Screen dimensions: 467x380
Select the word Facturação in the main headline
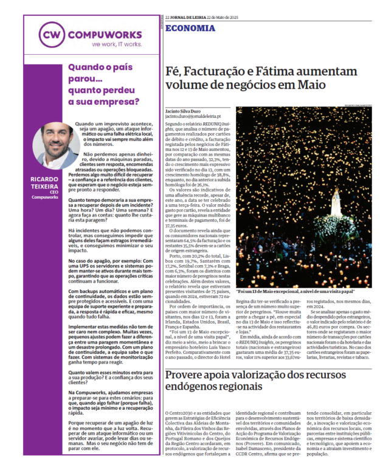pyautogui.click(x=223, y=72)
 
